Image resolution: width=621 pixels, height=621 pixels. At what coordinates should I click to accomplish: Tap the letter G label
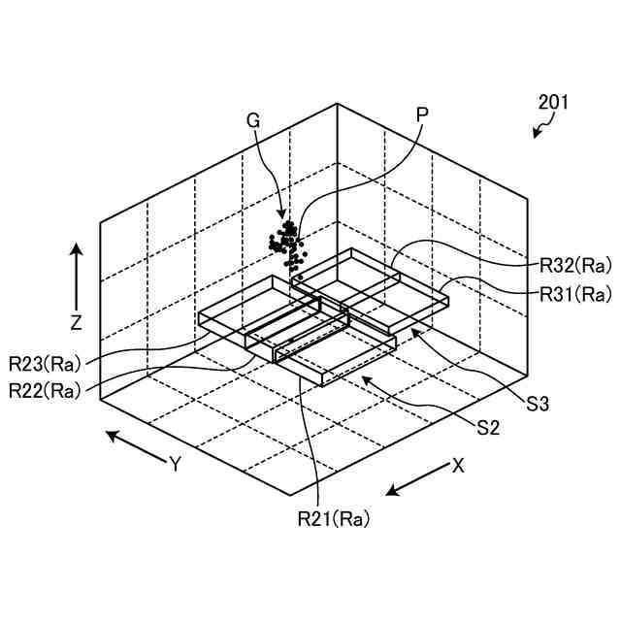[x=253, y=120]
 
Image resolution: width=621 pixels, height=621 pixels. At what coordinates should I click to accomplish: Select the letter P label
[x=421, y=114]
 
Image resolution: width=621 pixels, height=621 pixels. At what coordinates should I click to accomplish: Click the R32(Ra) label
[x=575, y=263]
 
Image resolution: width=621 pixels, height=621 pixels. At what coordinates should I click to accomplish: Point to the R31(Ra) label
[x=575, y=292]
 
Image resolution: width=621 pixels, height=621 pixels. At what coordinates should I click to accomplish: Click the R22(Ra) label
[x=44, y=391]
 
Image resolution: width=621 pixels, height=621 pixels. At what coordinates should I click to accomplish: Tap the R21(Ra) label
[x=334, y=519]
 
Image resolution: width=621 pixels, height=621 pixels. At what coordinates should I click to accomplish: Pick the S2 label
[x=487, y=427]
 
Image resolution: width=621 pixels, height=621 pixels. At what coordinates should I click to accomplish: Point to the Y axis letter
[x=176, y=464]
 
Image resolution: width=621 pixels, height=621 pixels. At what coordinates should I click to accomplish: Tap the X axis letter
[x=457, y=465]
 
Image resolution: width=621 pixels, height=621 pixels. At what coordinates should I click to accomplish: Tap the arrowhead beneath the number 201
[x=537, y=134]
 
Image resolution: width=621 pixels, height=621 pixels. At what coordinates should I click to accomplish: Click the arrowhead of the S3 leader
[x=412, y=331]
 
